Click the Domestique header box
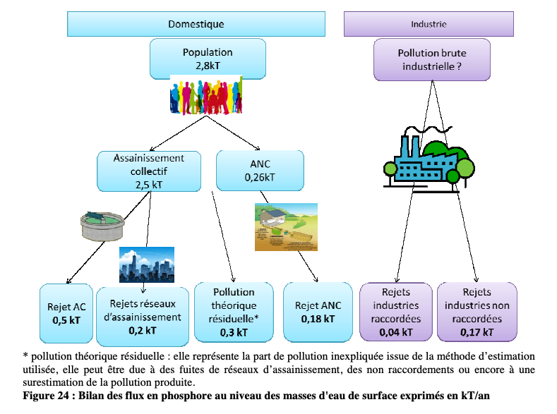[196, 24]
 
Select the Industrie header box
[428, 24]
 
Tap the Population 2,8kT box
[207, 59]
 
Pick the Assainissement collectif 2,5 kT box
[148, 171]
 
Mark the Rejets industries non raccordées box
[477, 312]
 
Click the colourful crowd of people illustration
[207, 96]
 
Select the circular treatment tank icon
[103, 225]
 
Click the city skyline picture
[146, 264]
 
